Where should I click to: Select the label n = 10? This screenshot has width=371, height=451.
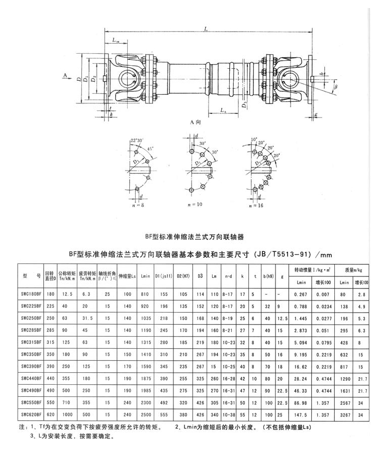click(194, 206)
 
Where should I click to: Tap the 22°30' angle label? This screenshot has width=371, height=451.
click(136, 140)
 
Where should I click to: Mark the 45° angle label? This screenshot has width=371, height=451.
click(150, 148)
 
